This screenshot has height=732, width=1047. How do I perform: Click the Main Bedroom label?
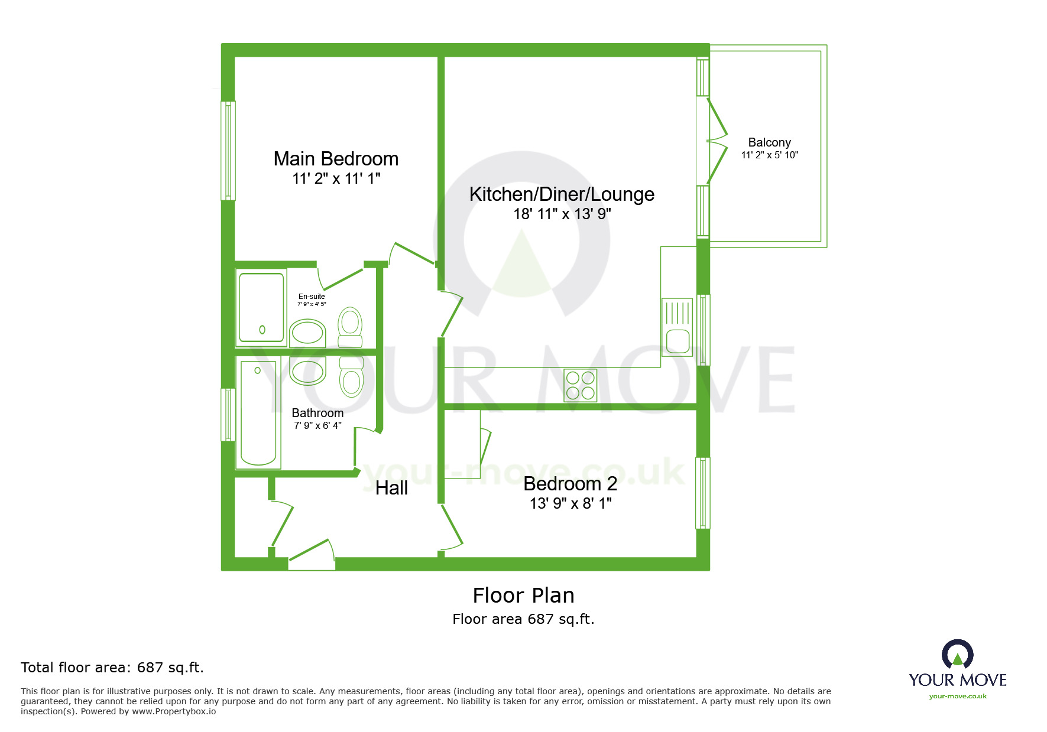click(336, 159)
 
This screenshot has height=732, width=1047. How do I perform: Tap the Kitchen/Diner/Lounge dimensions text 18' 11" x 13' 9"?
click(562, 214)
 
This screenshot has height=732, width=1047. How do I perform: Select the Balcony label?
click(769, 142)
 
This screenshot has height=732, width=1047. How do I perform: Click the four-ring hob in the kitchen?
click(580, 385)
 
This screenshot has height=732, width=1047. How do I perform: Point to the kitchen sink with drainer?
click(677, 327)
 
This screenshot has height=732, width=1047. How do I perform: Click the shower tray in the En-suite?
click(261, 307)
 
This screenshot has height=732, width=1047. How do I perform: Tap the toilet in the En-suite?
click(351, 327)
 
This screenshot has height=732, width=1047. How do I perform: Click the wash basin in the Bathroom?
click(307, 372)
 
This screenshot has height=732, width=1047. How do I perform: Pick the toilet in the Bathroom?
click(352, 377)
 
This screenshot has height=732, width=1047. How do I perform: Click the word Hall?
click(391, 488)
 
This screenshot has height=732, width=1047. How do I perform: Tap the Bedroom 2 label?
click(570, 484)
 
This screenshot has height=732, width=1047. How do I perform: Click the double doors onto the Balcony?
click(716, 141)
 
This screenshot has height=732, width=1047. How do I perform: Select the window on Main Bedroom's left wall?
click(228, 151)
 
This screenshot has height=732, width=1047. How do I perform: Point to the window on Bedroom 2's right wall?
click(702, 493)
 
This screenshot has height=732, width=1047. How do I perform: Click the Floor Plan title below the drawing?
click(523, 596)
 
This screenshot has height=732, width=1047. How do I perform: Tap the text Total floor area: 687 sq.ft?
click(112, 668)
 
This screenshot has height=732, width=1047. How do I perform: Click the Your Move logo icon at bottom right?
click(957, 654)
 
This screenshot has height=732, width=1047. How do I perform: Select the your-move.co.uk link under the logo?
click(958, 696)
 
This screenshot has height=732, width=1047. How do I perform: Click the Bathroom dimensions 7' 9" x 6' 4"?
click(317, 425)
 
